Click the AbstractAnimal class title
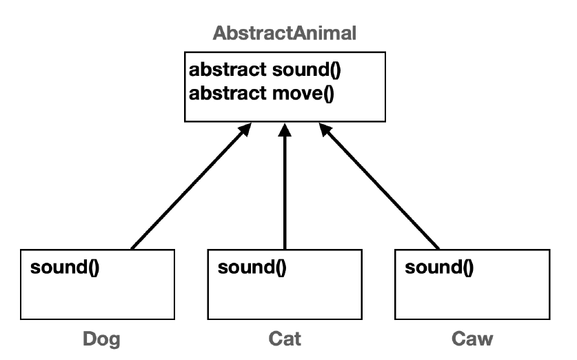[284, 33]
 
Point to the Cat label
[284, 339]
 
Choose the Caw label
[472, 339]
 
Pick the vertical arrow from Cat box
[285, 193]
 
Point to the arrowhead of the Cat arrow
[285, 131]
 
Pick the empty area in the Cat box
[284, 297]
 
